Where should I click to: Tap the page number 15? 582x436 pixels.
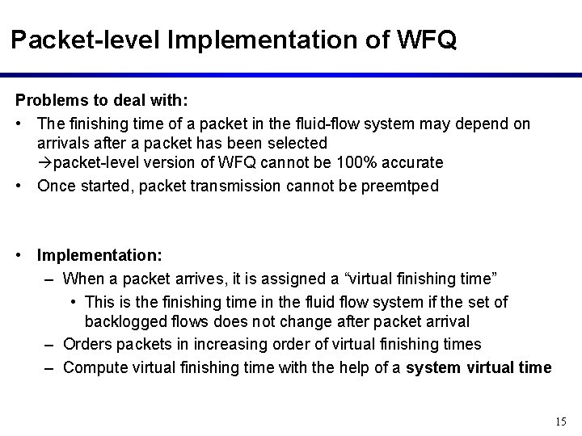tap(562, 421)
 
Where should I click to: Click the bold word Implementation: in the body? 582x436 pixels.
tap(99, 254)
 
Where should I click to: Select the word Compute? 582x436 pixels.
tap(93, 367)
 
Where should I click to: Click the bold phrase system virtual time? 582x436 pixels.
tap(479, 367)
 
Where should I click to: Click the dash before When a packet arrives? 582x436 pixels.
tap(50, 279)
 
